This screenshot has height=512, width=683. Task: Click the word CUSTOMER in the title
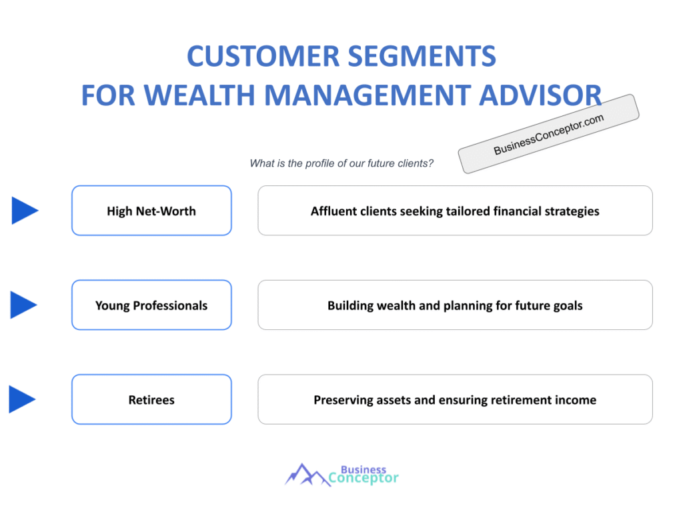[x=263, y=56]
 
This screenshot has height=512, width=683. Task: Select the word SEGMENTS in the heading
[x=422, y=56]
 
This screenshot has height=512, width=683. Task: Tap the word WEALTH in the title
[x=199, y=95]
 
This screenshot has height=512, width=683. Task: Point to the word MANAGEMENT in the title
[x=368, y=95]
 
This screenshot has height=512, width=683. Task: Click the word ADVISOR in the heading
[x=540, y=95]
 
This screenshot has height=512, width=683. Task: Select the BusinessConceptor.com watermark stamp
[x=549, y=133]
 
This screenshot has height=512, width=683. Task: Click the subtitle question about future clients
[x=341, y=163]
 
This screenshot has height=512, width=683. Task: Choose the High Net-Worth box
[x=151, y=211]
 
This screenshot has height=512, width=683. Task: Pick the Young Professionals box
[x=151, y=305]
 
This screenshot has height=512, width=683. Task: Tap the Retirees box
[x=151, y=399]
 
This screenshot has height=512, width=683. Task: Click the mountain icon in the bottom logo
[x=307, y=475]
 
